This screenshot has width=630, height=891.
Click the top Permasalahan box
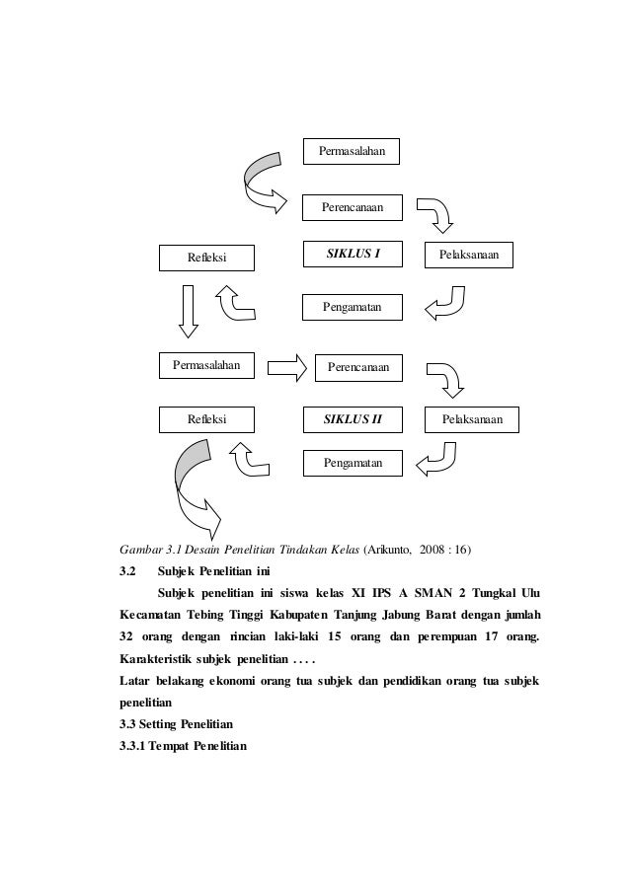coord(352,151)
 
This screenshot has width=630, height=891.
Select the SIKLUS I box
coord(353,255)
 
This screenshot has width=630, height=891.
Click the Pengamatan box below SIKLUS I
coord(353,309)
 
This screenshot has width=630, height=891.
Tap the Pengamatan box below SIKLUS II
coord(353,462)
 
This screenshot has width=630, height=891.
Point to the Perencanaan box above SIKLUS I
coord(353,208)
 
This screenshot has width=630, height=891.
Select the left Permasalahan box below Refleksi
coord(208,366)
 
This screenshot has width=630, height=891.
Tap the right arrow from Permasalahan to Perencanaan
coord(287,369)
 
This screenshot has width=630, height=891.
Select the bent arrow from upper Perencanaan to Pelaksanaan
coord(435,214)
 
